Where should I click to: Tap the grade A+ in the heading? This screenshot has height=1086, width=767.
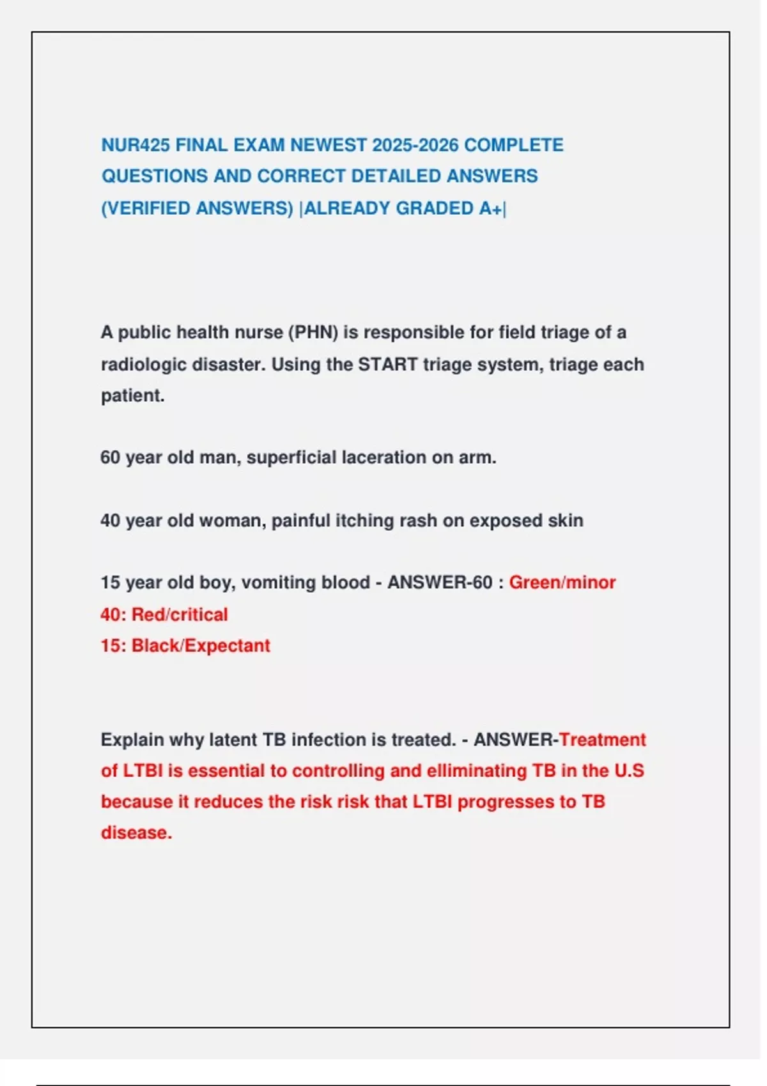(x=490, y=209)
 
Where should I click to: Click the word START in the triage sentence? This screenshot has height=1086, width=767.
(x=387, y=365)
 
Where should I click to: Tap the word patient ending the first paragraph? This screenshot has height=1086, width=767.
(x=131, y=396)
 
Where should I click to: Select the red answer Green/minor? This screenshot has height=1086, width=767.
(x=562, y=583)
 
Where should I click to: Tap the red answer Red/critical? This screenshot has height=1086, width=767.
(x=179, y=615)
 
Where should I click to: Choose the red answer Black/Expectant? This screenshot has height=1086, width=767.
(x=201, y=646)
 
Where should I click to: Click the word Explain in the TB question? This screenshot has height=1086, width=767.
(x=132, y=740)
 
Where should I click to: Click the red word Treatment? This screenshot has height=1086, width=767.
(x=602, y=740)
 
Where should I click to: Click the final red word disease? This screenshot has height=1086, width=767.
(x=136, y=833)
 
